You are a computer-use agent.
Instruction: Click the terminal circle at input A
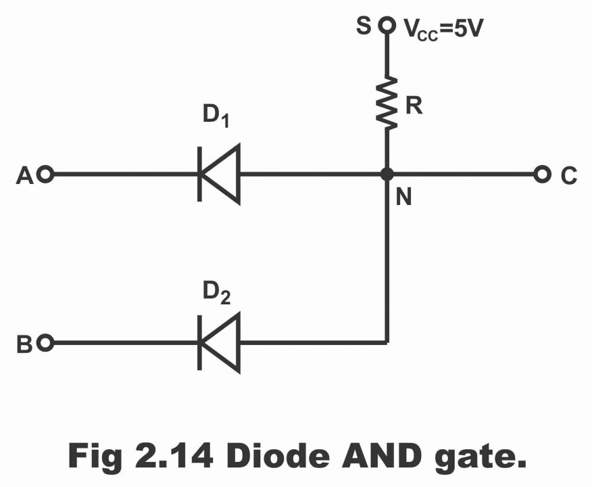[46, 175]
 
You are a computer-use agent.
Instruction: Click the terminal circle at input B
[46, 343]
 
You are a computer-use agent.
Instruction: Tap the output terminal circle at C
[541, 175]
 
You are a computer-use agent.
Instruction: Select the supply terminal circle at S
[387, 26]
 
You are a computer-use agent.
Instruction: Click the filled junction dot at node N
[387, 175]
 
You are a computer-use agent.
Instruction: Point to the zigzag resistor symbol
[387, 102]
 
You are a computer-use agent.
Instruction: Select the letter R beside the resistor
[414, 105]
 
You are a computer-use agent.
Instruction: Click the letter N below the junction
[403, 197]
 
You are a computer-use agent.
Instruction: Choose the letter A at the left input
[24, 176]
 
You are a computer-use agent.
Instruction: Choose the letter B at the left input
[24, 344]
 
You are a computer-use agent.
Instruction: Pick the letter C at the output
[568, 176]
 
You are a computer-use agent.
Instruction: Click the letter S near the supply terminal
[364, 26]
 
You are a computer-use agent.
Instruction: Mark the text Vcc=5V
[443, 28]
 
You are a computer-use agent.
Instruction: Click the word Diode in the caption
[278, 455]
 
